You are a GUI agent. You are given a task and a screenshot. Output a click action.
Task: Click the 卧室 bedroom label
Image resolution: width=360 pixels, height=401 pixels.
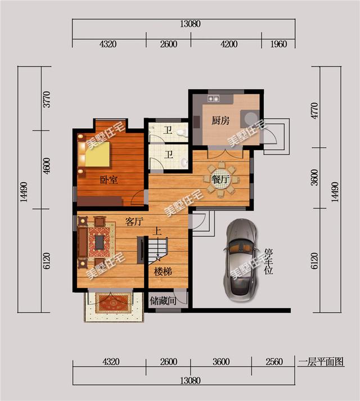pyautogui.click(x=109, y=180)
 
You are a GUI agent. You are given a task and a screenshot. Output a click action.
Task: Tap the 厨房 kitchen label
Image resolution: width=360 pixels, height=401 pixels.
pyautogui.click(x=220, y=120)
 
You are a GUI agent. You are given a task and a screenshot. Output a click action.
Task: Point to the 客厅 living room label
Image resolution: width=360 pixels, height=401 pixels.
pyautogui.click(x=134, y=222)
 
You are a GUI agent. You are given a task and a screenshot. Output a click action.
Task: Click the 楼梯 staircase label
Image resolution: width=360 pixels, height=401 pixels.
pyautogui.click(x=163, y=271)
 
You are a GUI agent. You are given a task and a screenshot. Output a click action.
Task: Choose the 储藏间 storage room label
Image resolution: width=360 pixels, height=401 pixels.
pyautogui.click(x=163, y=301)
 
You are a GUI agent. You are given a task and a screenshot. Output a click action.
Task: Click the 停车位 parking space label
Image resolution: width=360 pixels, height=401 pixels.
pyautogui.click(x=269, y=261)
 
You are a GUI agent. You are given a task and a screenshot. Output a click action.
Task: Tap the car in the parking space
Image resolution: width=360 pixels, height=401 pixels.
pyautogui.click(x=240, y=260)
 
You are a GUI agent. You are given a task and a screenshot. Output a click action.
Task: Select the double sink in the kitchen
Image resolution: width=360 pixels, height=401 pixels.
pyautogui.click(x=214, y=98)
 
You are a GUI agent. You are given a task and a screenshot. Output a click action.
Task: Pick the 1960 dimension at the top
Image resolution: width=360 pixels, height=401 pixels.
pyautogui.click(x=278, y=44)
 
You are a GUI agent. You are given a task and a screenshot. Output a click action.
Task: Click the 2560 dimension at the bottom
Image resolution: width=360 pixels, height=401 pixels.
pyautogui.click(x=274, y=362)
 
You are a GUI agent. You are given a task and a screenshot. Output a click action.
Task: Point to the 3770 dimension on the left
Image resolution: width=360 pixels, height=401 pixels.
pyautogui.click(x=47, y=99)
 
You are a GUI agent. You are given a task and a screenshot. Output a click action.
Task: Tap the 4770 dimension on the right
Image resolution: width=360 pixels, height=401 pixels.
pyautogui.click(x=314, y=110)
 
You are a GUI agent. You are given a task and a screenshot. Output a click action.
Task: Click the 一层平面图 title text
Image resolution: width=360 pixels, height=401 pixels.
pyautogui.click(x=321, y=362)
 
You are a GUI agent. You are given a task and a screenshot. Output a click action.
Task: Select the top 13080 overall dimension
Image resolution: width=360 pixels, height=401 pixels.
pyautogui.click(x=190, y=24)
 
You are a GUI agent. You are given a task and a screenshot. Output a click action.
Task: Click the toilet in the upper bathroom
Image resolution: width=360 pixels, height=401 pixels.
pyautogui.click(x=182, y=133)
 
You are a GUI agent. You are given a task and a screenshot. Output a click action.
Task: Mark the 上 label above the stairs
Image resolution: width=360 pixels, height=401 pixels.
pyautogui.click(x=157, y=232)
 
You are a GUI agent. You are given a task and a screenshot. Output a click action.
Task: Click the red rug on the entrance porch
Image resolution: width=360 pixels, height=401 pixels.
pyautogui.click(x=113, y=303)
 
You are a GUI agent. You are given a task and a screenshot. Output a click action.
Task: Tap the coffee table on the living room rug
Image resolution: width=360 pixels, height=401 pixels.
pyautogui.click(x=100, y=242)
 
